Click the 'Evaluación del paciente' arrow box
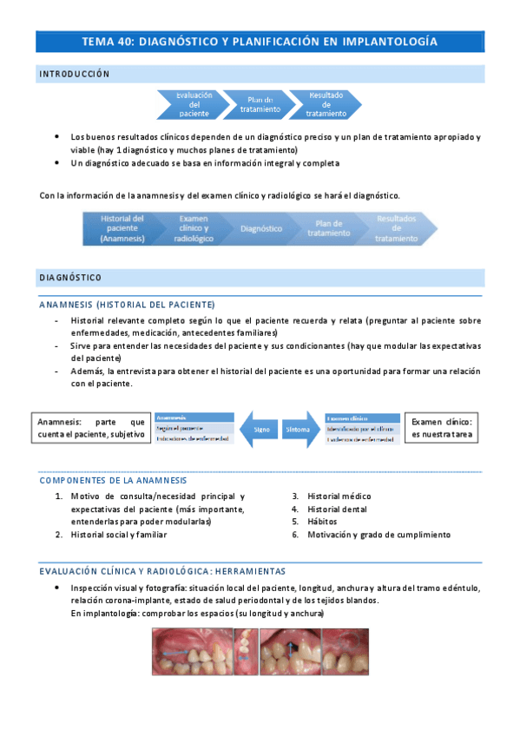tap(192, 104)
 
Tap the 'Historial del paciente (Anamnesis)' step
tap(122, 228)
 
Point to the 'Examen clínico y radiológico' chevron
tap(193, 228)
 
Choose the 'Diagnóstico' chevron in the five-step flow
tap(260, 228)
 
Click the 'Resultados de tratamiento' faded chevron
tap(395, 228)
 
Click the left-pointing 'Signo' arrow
tap(258, 430)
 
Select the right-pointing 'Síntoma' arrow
tap(296, 430)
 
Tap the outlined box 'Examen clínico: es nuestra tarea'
tap(442, 428)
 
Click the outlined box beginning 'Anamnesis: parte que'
tap(91, 428)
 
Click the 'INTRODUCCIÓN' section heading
tap(75, 74)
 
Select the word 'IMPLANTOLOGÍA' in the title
tap(389, 41)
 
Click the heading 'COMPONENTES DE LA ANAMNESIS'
tap(113, 480)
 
